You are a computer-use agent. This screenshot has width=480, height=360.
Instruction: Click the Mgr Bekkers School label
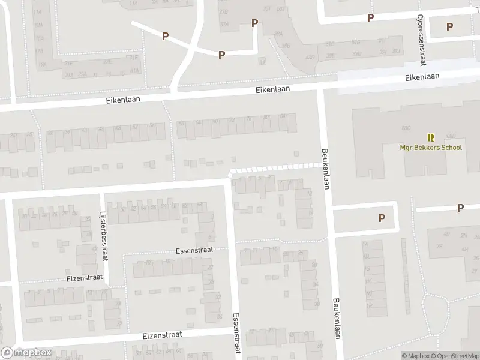[431, 148]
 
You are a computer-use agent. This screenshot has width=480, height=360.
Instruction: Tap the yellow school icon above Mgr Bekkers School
[431, 137]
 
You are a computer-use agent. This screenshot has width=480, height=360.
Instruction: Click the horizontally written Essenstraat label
[193, 250]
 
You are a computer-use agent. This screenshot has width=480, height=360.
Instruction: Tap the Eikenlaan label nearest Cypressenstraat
[422, 76]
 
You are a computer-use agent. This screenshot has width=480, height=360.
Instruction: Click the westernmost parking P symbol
[165, 37]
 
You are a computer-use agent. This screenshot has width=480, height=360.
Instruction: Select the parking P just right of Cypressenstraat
[450, 26]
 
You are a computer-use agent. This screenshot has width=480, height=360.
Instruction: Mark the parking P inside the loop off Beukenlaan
[382, 218]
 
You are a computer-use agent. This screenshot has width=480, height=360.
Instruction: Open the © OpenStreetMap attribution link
[454, 356]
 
